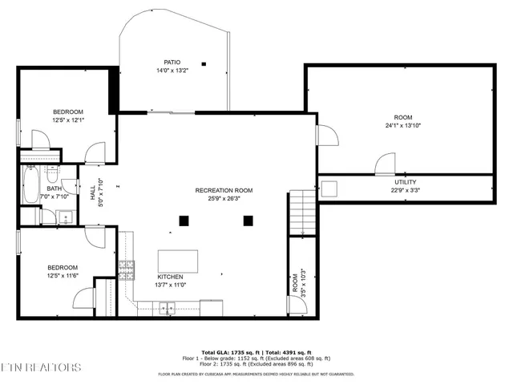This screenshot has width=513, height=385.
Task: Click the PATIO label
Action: tap(172, 62)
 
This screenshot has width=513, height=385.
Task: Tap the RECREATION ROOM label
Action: tap(224, 190)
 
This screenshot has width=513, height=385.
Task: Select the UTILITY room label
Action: tap(405, 182)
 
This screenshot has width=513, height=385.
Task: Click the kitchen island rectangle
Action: tap(177, 261)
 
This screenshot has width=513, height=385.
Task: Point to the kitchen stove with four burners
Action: tap(126, 267)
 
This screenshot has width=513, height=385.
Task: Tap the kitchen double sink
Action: tap(168, 306)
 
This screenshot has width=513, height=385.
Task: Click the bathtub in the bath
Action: tap(30, 185)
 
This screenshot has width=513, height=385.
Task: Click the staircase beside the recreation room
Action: tap(302, 213)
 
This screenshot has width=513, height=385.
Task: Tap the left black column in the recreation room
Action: tap(184, 220)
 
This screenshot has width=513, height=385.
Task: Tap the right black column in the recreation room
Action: tap(248, 220)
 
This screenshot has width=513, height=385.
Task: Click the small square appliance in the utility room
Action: tap(329, 188)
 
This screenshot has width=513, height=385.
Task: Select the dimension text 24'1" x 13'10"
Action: tap(402, 125)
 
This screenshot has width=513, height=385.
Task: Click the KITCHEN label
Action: tap(171, 277)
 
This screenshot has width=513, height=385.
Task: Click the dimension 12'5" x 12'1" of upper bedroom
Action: tap(68, 120)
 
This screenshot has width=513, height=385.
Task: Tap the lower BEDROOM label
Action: tap(62, 267)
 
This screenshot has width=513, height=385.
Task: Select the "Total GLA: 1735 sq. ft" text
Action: tap(228, 352)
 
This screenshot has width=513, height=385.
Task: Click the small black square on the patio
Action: tap(204, 63)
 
